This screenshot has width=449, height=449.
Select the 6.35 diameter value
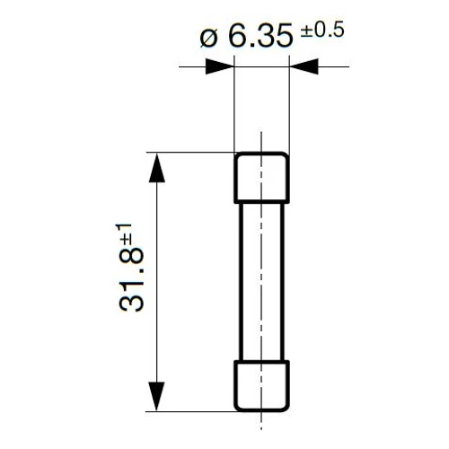pyautogui.click(x=260, y=37)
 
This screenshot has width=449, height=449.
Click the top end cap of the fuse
pyautogui.click(x=261, y=178)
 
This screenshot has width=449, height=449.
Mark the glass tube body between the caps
pyautogui.click(x=261, y=282)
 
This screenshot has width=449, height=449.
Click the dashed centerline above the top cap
pyautogui.click(x=261, y=142)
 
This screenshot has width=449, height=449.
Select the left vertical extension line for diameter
pyautogui.click(x=234, y=108)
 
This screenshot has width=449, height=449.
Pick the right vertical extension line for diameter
pyautogui.click(x=289, y=108)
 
